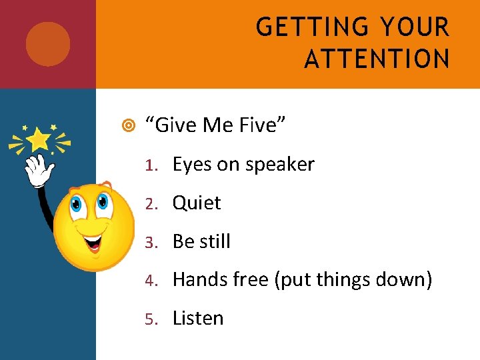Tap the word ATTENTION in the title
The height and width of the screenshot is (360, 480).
pyautogui.click(x=377, y=59)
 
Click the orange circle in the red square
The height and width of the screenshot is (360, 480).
pyautogui.click(x=48, y=44)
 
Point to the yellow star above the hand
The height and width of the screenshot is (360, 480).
pyautogui.click(x=39, y=139)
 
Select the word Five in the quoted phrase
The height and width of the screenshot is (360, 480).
pyautogui.click(x=262, y=123)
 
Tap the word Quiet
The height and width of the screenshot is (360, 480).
pyautogui.click(x=196, y=203)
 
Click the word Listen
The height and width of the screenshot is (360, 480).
pyautogui.click(x=198, y=318)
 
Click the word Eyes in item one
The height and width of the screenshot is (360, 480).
pyautogui.click(x=189, y=165)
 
